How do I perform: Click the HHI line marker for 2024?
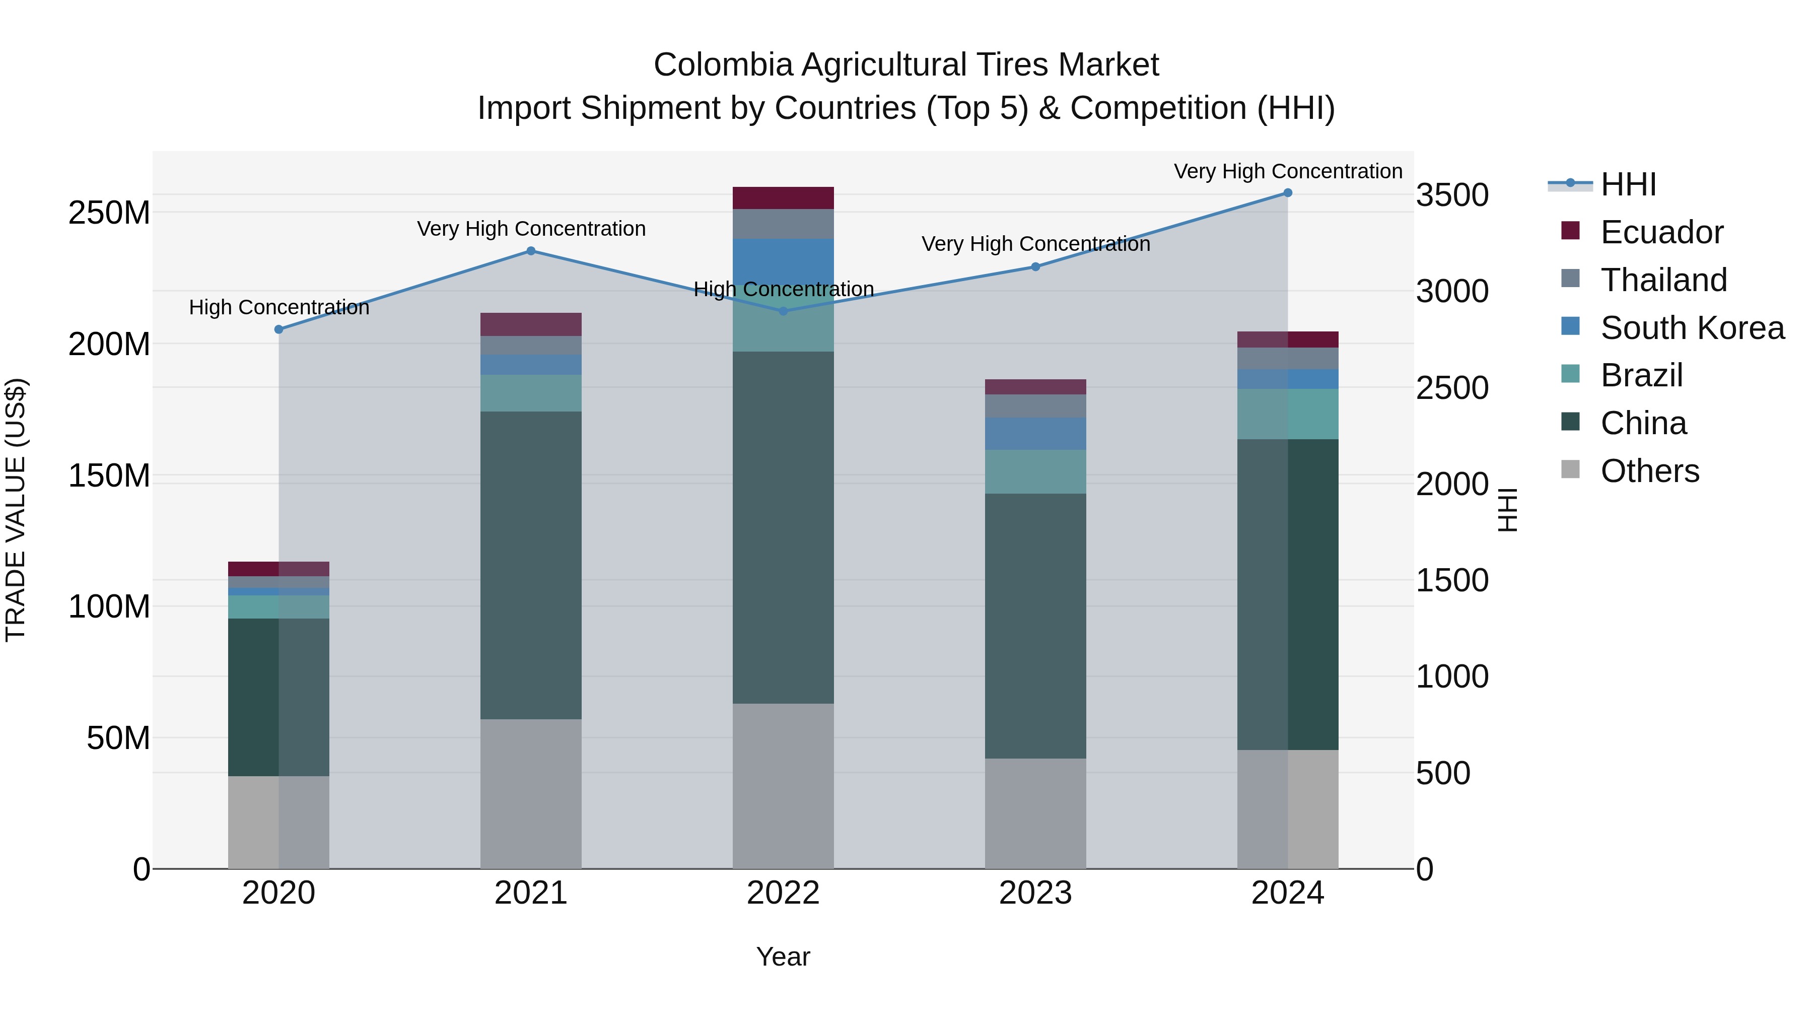click(x=1287, y=193)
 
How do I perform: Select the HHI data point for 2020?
click(x=278, y=329)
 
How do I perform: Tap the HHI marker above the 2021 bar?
click(x=531, y=251)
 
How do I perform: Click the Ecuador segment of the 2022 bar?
click(x=783, y=198)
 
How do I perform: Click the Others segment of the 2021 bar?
click(x=531, y=793)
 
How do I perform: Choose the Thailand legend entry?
click(x=1662, y=280)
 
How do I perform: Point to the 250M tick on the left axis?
click(x=109, y=213)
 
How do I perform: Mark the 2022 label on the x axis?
click(x=783, y=893)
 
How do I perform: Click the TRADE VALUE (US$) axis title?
click(x=16, y=510)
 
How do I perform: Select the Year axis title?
click(x=783, y=957)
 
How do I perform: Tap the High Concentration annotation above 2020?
click(x=278, y=308)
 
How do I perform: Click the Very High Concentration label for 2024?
click(x=1287, y=171)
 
